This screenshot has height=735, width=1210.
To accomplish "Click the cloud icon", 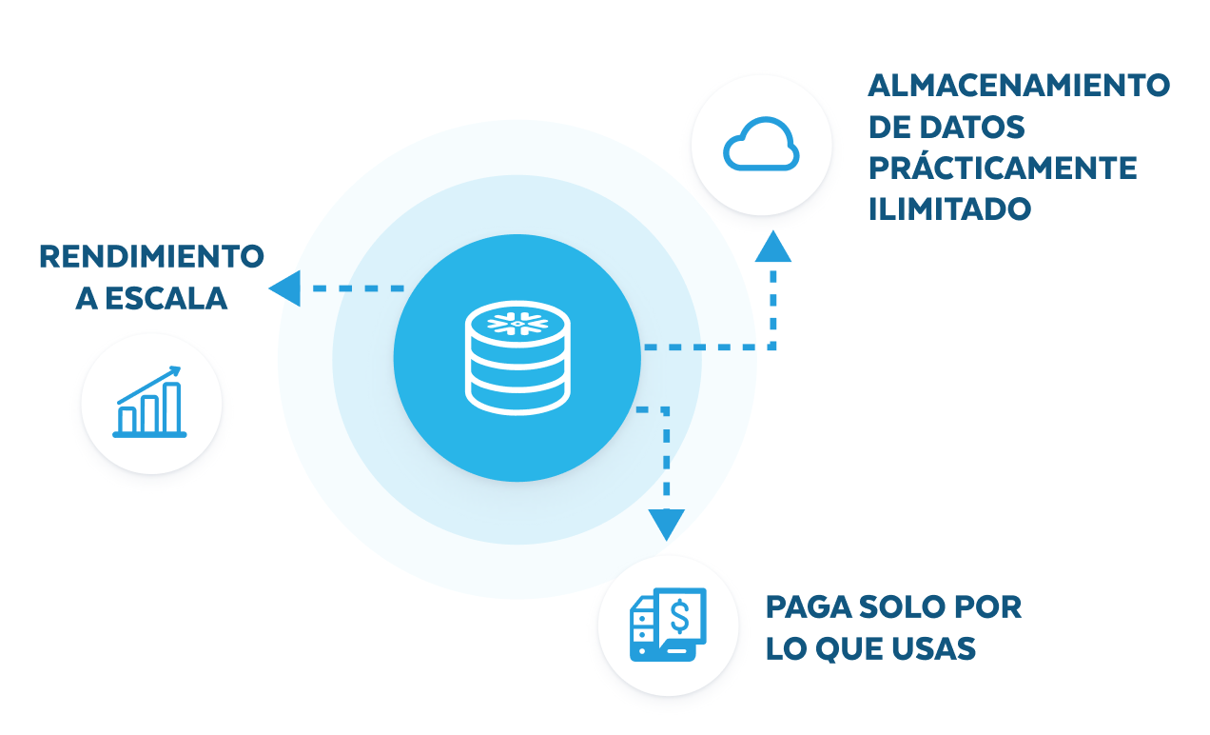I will pyautogui.click(x=761, y=146).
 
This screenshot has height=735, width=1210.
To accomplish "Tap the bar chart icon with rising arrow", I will pyautogui.click(x=150, y=404).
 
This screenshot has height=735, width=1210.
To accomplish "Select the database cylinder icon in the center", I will pyautogui.click(x=518, y=358).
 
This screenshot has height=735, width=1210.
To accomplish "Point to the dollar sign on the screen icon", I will pyautogui.click(x=681, y=615).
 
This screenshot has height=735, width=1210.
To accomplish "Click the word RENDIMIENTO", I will pyautogui.click(x=151, y=256).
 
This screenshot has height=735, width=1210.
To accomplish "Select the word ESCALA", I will pyautogui.click(x=165, y=299).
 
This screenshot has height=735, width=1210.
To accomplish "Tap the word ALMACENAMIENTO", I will pyautogui.click(x=1019, y=85).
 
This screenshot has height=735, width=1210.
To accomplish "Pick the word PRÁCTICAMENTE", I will pyautogui.click(x=1003, y=168).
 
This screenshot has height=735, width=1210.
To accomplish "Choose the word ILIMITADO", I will pyautogui.click(x=949, y=209).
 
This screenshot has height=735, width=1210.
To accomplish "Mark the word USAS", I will pyautogui.click(x=936, y=648).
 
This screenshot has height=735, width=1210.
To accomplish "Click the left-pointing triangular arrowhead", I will pyautogui.click(x=285, y=288).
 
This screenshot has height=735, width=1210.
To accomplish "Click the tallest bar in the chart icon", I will pyautogui.click(x=172, y=407).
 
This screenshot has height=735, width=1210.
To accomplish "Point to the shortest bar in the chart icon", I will pyautogui.click(x=127, y=419).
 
